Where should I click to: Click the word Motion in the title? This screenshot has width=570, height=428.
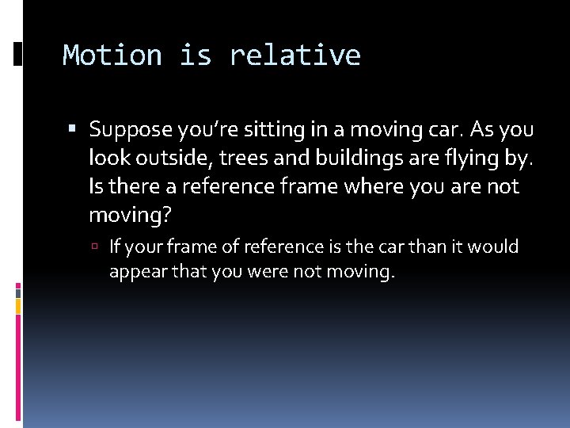(112, 55)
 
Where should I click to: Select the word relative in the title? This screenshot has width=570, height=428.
(294, 55)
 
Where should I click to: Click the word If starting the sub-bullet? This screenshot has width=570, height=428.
(116, 246)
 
